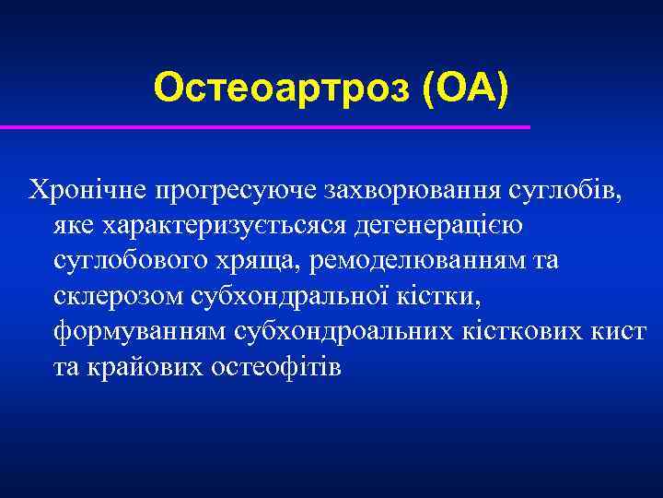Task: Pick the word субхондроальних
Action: (x=356, y=332)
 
